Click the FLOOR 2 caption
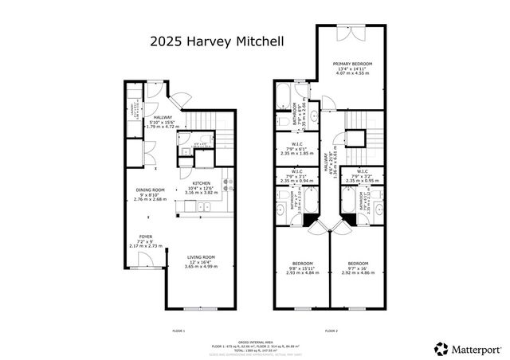pos(331,330)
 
